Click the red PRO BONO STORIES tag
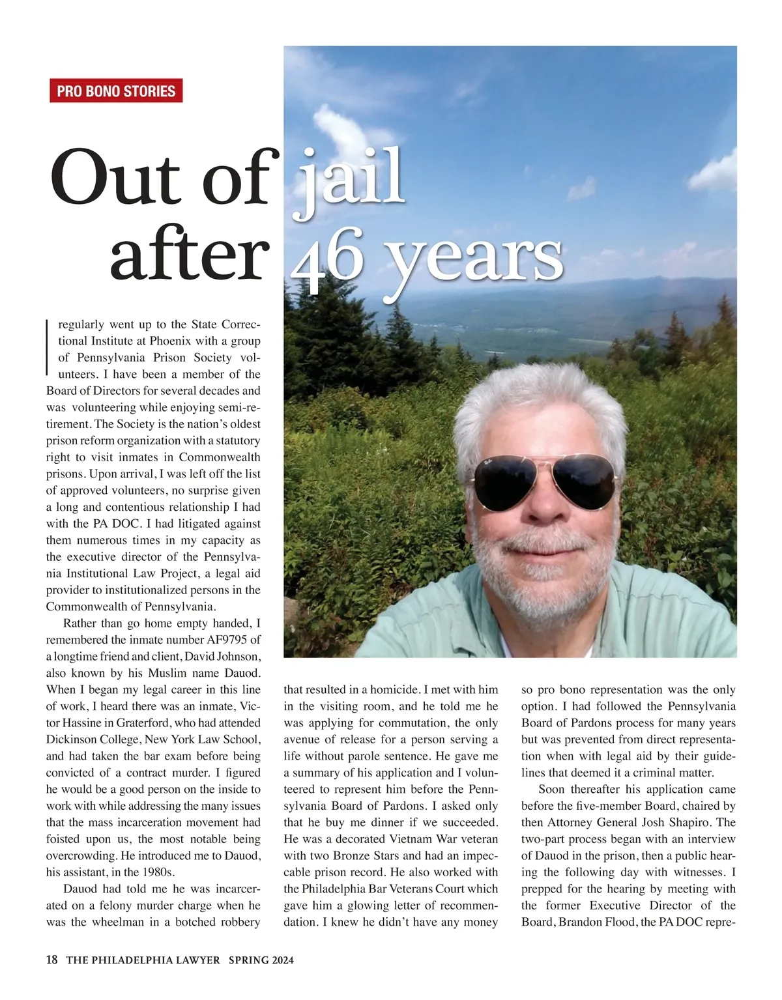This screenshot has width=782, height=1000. click(x=116, y=91)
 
